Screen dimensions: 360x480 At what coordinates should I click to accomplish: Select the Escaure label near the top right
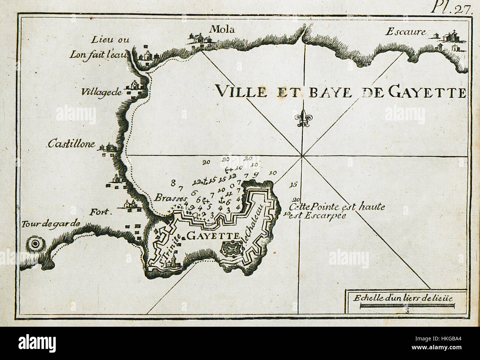coord(405,32)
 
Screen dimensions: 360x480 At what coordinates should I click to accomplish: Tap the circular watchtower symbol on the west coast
coord(35,244)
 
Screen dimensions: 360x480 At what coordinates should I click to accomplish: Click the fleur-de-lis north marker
coord(302,118)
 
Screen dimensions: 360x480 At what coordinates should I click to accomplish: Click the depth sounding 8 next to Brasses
coord(173,182)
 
